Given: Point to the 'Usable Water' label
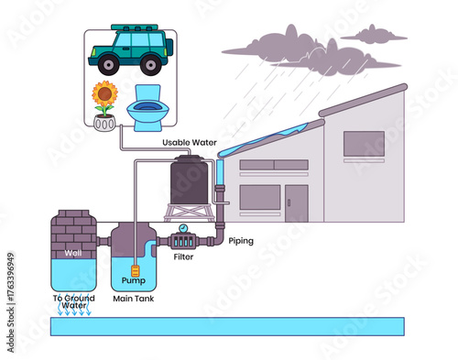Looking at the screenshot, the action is (x=190, y=142).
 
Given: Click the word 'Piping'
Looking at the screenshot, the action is (x=241, y=241).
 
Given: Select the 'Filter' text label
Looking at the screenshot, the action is (x=183, y=257).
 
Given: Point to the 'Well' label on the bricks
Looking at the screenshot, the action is (x=73, y=253).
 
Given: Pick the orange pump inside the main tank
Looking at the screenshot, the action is (x=134, y=271).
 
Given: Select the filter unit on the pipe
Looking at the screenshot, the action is (x=186, y=243).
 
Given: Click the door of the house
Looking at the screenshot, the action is (x=296, y=202).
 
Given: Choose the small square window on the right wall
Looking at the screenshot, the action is (x=364, y=144).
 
